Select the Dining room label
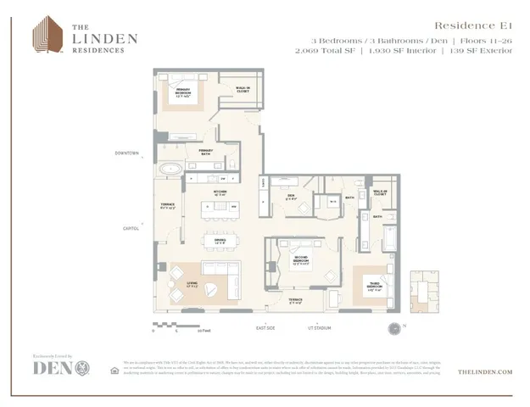tap(219, 241)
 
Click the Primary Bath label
tap(205, 153)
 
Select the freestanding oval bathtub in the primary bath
tap(172, 169)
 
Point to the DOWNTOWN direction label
tap(126, 153)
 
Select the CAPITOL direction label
tap(131, 227)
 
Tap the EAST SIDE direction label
tap(265, 326)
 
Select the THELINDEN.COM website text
tap(486, 371)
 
